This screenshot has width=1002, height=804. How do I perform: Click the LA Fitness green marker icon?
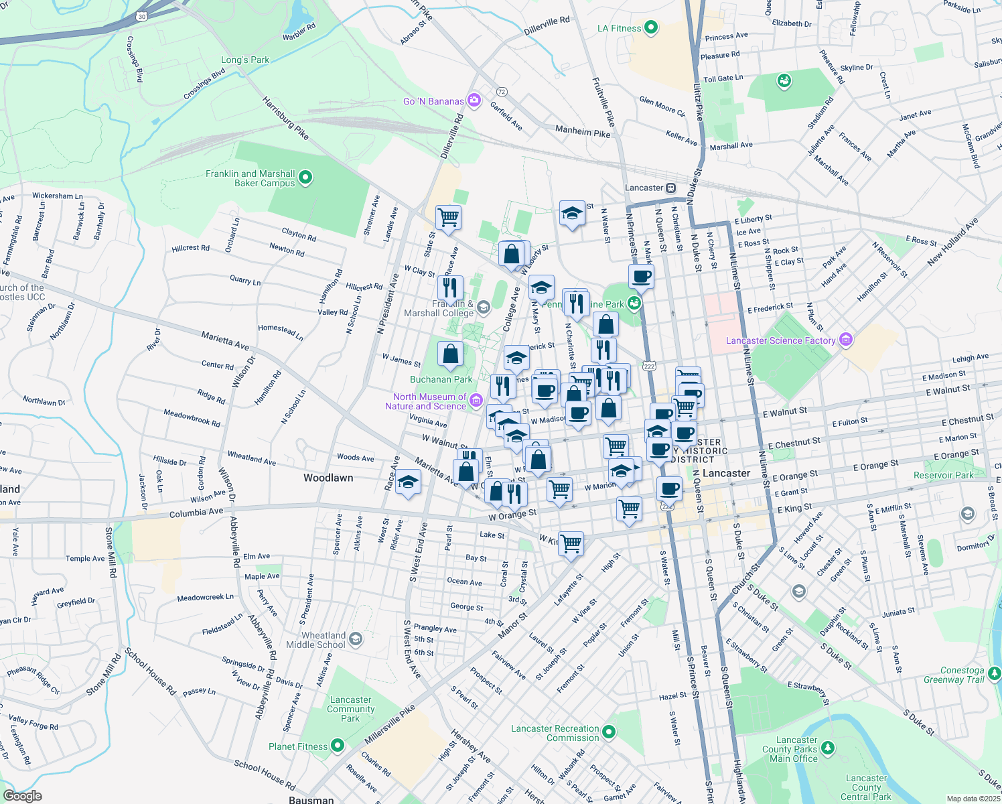(650, 28)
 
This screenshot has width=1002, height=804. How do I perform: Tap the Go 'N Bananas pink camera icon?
(474, 100)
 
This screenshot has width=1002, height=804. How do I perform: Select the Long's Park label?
(245, 60)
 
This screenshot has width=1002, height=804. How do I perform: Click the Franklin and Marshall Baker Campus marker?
(305, 178)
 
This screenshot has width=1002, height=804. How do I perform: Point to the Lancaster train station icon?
(671, 188)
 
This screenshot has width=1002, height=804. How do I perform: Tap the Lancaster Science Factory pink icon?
(845, 340)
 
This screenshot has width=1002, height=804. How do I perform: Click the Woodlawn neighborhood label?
(328, 478)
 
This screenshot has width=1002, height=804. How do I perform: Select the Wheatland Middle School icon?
(356, 639)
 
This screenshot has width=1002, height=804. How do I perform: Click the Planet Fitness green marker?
(338, 745)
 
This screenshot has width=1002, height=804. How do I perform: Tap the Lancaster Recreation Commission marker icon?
(609, 732)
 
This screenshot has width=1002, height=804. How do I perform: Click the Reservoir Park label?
(944, 475)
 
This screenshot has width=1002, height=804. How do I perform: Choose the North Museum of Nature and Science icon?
(476, 401)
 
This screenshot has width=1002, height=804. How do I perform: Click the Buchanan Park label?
(441, 379)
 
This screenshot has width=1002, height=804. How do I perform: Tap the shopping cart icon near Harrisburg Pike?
(448, 217)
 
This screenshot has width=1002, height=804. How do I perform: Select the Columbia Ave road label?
(196, 513)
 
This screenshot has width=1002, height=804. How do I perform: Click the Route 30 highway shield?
(141, 15)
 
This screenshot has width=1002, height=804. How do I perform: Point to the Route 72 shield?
(502, 91)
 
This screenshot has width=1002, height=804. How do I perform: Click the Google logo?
(22, 796)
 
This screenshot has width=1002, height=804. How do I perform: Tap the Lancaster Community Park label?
(350, 709)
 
